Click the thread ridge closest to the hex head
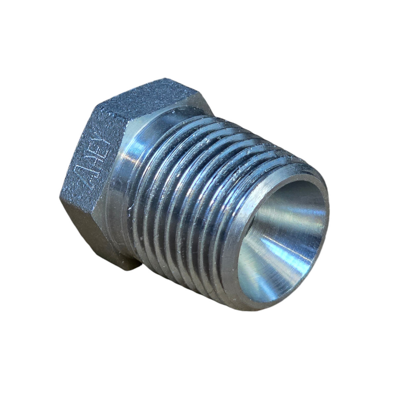146,185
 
